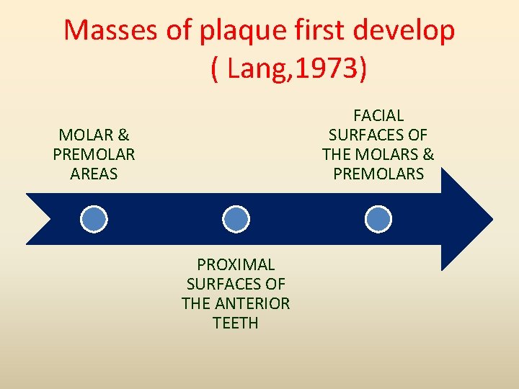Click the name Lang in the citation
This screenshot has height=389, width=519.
pos(257,70)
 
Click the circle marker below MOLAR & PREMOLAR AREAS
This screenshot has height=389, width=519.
pos(94,219)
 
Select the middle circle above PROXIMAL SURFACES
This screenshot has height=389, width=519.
pos(236,219)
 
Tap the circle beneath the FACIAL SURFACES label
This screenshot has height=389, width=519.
pos(378,219)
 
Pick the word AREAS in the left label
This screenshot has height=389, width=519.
pos(94,174)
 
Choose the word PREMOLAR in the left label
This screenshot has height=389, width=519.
pos(94,154)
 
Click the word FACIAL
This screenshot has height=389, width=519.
pos(378,115)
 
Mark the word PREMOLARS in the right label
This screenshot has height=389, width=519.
pos(378,174)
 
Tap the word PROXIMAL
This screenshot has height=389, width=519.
pos(236,264)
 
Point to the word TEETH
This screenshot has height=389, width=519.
pos(236,323)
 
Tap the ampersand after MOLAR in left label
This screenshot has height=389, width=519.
pos(123,135)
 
